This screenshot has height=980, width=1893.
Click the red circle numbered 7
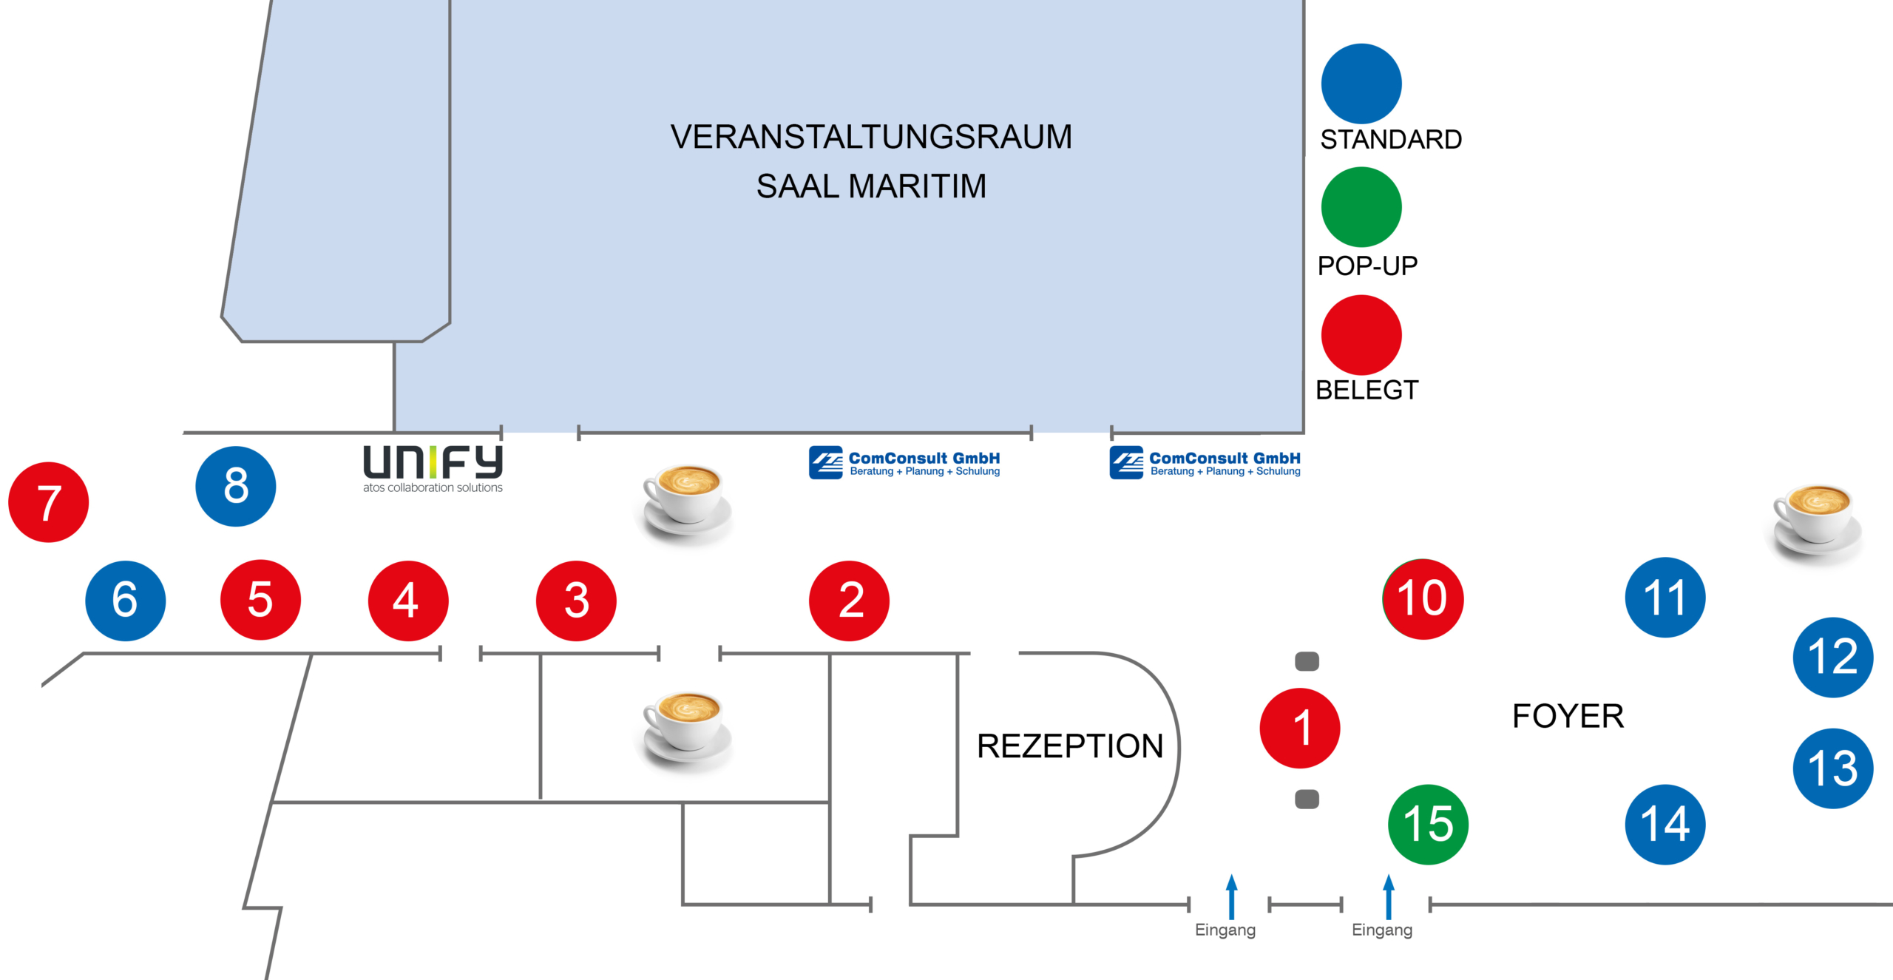click(x=48, y=502)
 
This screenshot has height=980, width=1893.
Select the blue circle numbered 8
click(x=235, y=486)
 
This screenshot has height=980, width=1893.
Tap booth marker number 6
click(x=125, y=600)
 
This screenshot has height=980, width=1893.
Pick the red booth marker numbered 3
click(x=576, y=600)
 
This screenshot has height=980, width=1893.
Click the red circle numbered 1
click(x=1299, y=728)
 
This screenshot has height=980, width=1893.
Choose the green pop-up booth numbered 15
click(x=1428, y=824)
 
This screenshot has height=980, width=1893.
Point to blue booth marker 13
click(x=1832, y=768)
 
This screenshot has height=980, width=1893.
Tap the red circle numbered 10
click(x=1423, y=598)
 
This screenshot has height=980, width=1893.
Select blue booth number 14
click(x=1665, y=824)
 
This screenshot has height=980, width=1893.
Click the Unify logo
click(x=433, y=468)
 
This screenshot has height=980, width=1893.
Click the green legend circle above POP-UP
click(x=1361, y=207)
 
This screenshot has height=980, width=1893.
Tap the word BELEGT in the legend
click(x=1367, y=390)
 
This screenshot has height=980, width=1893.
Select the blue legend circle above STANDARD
click(x=1361, y=84)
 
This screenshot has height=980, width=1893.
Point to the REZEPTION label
click(x=1069, y=746)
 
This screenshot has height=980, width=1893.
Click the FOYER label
click(x=1568, y=716)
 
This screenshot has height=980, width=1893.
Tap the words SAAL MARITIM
click(x=871, y=186)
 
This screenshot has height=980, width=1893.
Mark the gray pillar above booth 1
click(x=1307, y=661)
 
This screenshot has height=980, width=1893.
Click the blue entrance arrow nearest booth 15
click(x=1388, y=896)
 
